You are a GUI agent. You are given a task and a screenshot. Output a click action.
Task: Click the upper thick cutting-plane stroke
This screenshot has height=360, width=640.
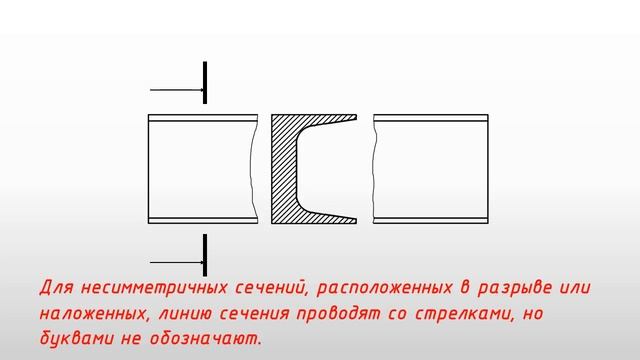[x=205, y=82]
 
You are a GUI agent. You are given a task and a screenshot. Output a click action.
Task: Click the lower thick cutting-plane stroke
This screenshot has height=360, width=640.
[x=205, y=254]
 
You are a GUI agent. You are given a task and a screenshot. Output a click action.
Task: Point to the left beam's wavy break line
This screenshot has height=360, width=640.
[x=248, y=168]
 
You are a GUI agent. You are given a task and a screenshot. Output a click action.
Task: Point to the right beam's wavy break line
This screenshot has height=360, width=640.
[x=377, y=168]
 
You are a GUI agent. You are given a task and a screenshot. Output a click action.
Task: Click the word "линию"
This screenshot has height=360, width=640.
[x=190, y=314]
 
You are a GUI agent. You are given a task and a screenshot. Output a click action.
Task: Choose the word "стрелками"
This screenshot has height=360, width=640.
[x=459, y=314]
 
